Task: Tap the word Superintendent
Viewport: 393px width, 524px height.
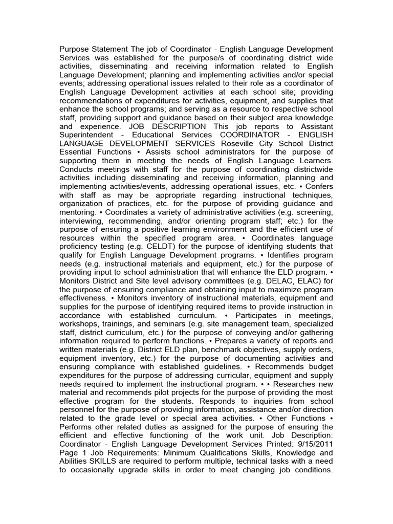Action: point(86,135)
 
